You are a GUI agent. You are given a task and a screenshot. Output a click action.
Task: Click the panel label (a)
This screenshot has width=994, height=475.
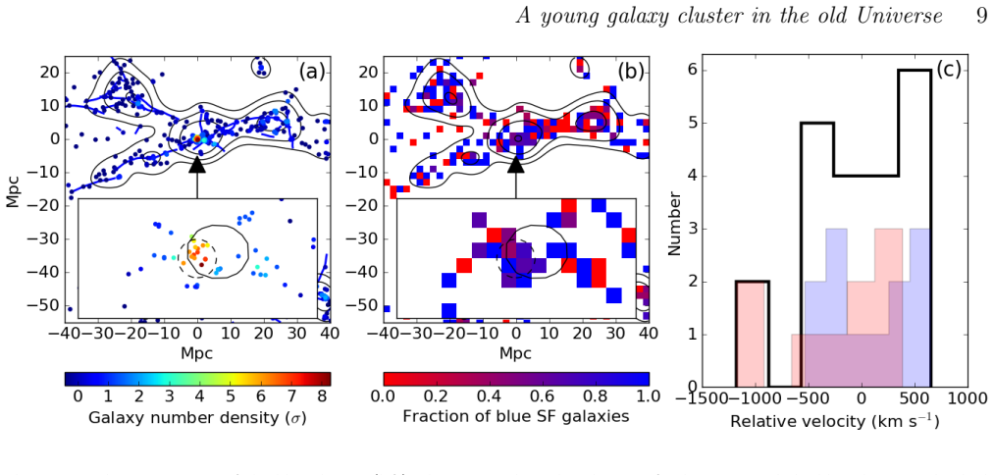point(311,72)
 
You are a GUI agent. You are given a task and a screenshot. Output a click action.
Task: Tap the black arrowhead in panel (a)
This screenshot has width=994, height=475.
point(197,164)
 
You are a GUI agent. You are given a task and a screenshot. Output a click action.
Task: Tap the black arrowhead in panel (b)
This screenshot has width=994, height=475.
point(516,164)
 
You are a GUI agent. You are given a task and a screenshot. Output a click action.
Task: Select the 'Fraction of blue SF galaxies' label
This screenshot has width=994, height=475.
point(516,418)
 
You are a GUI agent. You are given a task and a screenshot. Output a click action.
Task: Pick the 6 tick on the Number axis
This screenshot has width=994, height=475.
point(694,71)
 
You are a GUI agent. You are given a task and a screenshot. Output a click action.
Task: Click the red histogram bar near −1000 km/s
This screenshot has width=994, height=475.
point(753,335)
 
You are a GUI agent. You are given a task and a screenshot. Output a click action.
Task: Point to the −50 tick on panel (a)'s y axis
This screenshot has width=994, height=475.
point(51,305)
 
